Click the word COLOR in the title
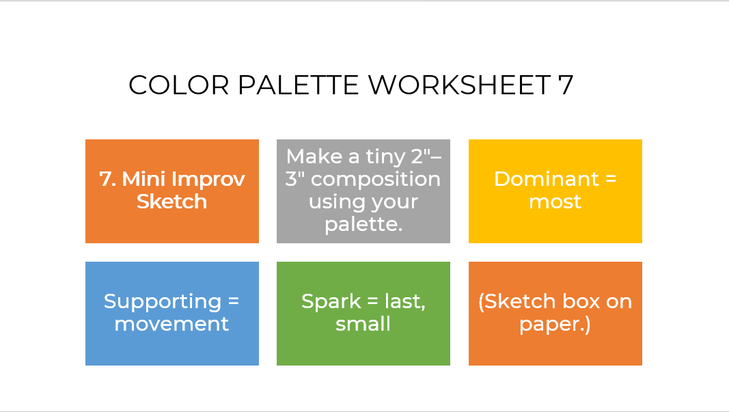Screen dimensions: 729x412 [x=178, y=85]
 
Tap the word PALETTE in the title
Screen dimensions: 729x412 [x=298, y=85]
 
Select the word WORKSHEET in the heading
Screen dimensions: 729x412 [x=459, y=85]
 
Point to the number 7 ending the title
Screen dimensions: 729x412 [x=566, y=85]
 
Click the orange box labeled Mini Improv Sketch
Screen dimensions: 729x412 [x=172, y=191]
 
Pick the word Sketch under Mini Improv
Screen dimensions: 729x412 [x=172, y=202]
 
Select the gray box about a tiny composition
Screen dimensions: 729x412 [x=363, y=191]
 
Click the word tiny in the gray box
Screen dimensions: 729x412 [x=385, y=157]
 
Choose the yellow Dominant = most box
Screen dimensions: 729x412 [x=555, y=191]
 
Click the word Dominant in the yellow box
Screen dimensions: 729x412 [x=547, y=179]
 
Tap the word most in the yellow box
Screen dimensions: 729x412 [x=555, y=202]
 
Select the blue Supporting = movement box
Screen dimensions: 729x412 [x=172, y=314]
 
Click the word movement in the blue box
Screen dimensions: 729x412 [x=171, y=324]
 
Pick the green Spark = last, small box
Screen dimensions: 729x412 [x=363, y=314]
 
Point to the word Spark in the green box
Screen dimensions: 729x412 [x=331, y=302]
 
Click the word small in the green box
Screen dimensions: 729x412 [x=363, y=324]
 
